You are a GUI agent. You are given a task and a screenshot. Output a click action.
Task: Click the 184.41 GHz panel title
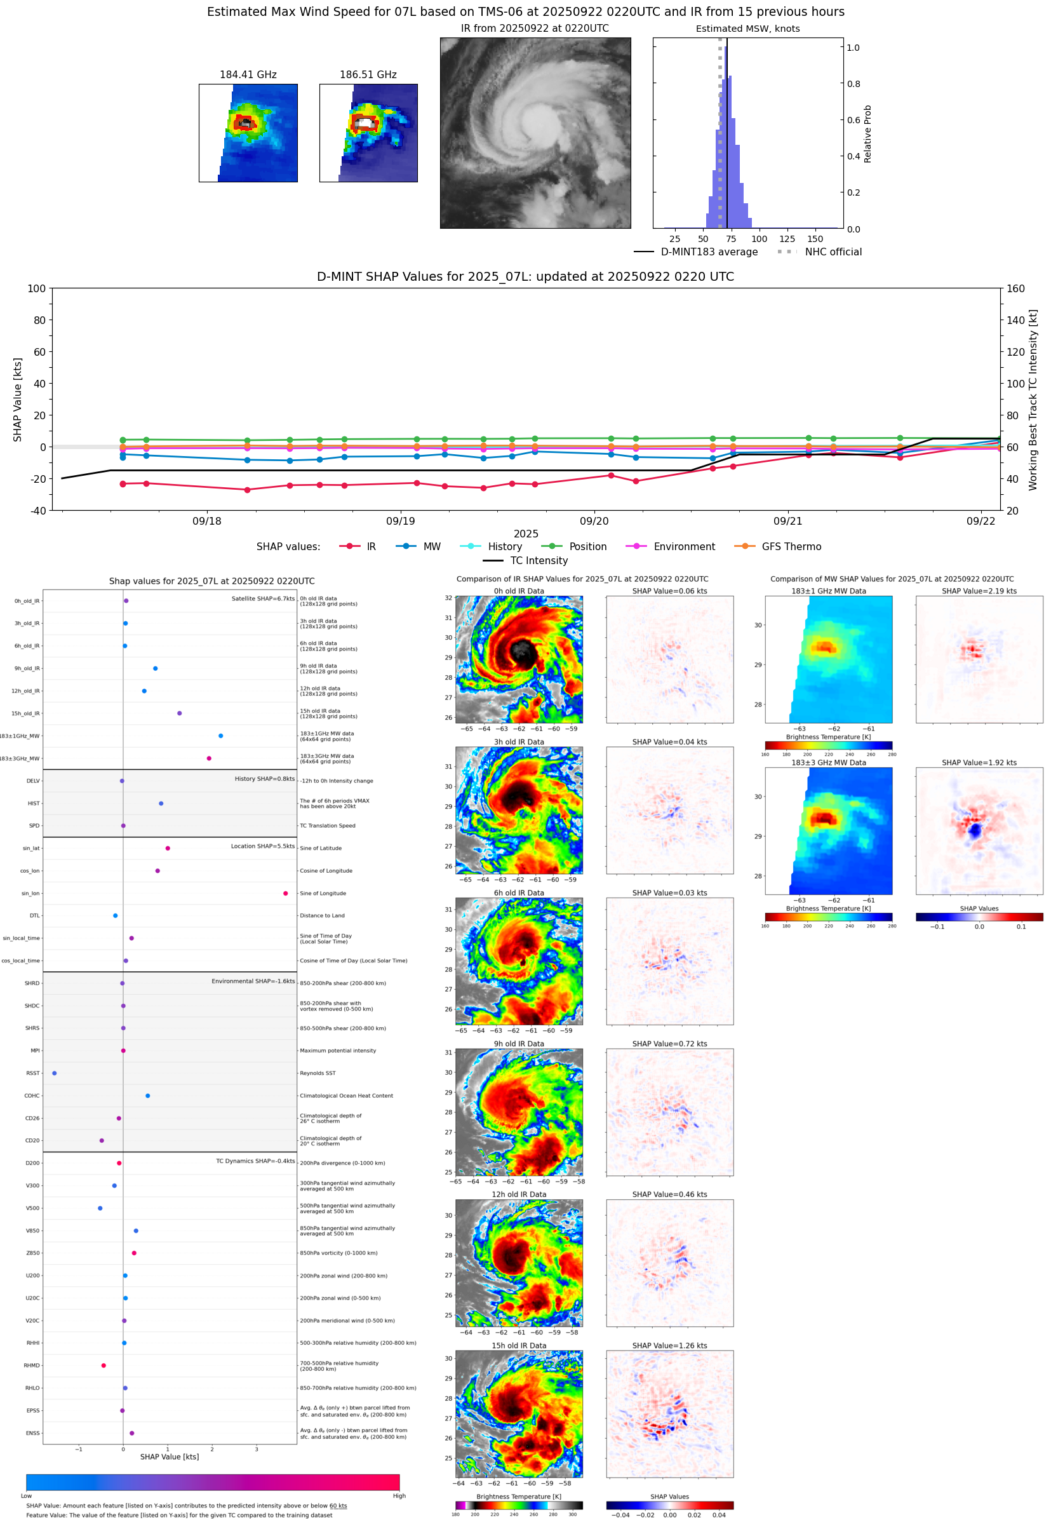click(248, 74)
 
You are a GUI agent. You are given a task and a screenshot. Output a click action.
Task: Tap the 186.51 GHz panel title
click(368, 74)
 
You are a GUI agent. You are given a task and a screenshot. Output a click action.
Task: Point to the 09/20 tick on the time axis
click(594, 521)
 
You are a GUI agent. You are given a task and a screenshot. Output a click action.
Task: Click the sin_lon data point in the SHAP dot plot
click(285, 893)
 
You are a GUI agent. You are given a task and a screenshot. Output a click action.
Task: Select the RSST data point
click(54, 1073)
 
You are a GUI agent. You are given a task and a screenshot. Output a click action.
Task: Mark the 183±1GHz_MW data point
click(220, 736)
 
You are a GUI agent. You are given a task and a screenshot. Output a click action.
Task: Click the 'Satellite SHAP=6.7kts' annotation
click(263, 598)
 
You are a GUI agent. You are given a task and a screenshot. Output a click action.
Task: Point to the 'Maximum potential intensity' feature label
click(338, 1051)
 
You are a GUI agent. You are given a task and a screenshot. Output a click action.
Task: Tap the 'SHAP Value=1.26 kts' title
click(669, 1345)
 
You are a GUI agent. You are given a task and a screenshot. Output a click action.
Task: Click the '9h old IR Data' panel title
click(519, 1044)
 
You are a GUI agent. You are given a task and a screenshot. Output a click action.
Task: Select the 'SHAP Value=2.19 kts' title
click(979, 591)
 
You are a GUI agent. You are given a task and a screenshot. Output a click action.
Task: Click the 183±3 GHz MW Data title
click(829, 763)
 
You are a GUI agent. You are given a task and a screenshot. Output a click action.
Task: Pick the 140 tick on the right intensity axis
click(1015, 320)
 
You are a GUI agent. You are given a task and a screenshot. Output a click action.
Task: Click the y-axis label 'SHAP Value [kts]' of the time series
click(18, 399)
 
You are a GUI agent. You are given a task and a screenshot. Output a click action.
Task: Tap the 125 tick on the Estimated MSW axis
click(787, 239)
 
